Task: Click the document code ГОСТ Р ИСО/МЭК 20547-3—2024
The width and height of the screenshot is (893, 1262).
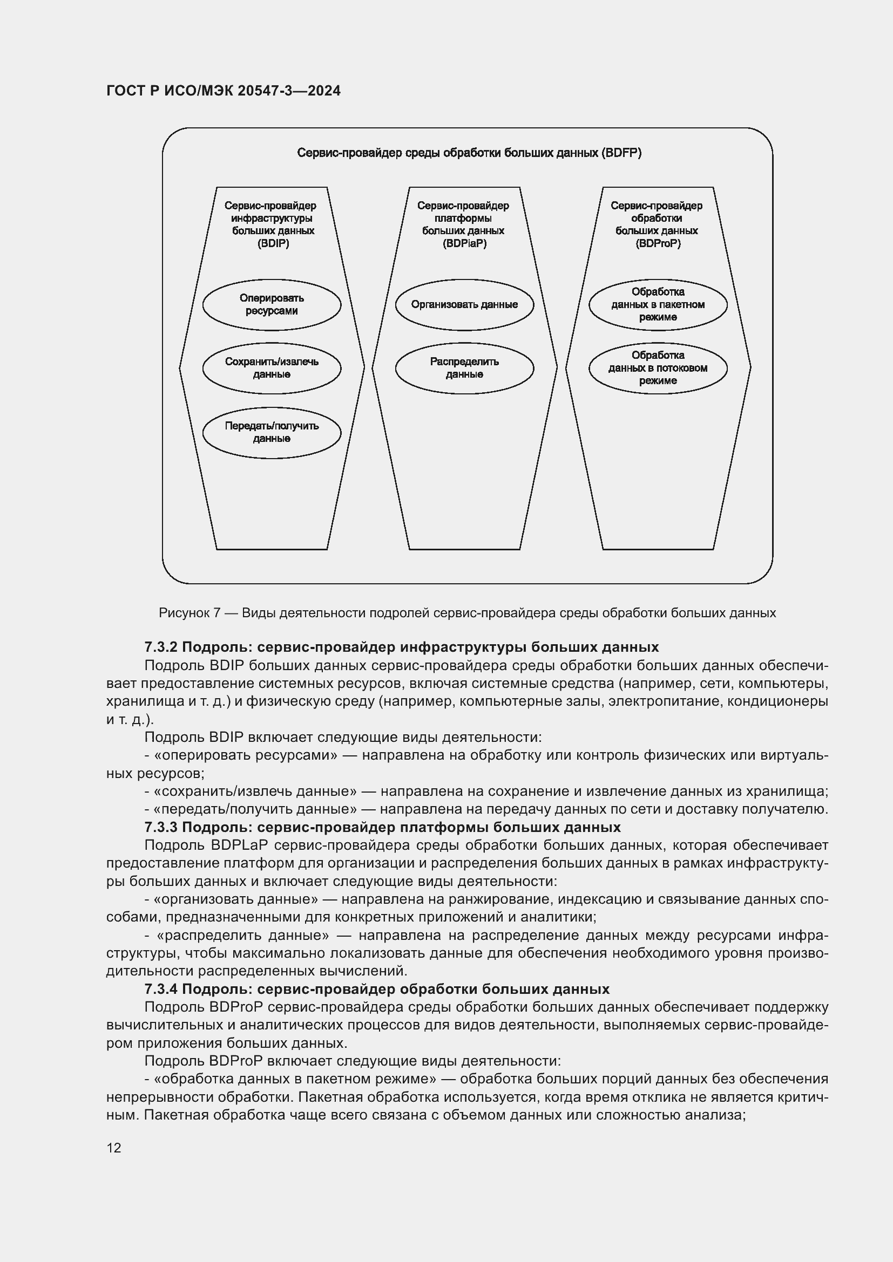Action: click(224, 91)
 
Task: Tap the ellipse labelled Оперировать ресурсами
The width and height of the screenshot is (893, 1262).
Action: click(272, 304)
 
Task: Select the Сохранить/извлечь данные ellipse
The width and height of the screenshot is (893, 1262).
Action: click(272, 368)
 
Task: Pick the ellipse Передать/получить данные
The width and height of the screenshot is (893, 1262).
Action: click(272, 432)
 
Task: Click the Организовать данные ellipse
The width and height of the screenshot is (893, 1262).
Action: click(464, 304)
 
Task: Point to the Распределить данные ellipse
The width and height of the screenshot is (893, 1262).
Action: click(464, 368)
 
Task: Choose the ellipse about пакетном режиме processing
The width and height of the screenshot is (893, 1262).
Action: click(658, 304)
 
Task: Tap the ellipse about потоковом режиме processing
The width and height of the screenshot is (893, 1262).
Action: click(658, 368)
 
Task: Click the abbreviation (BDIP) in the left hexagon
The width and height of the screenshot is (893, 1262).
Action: click(273, 243)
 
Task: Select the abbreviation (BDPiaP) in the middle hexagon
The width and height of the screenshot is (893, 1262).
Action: click(465, 243)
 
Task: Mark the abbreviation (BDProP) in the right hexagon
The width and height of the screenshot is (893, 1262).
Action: click(658, 243)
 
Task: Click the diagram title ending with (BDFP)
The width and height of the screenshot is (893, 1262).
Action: click(469, 153)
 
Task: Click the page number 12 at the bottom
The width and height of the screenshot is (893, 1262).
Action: click(114, 1148)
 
